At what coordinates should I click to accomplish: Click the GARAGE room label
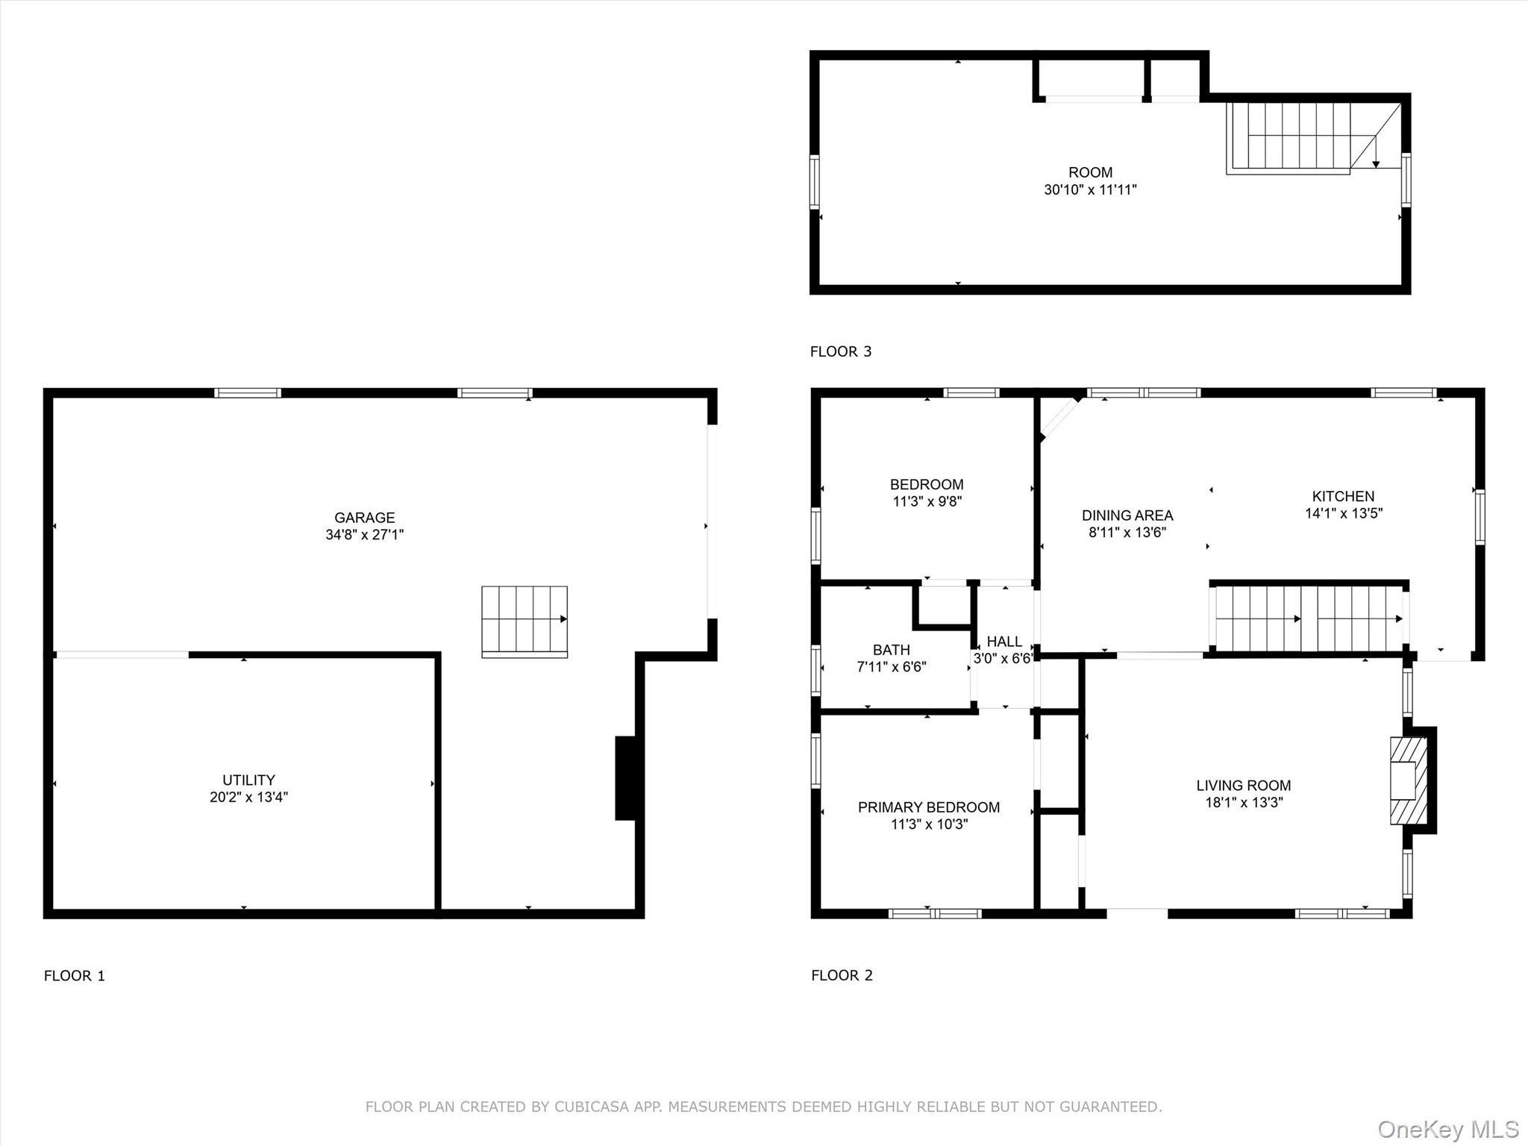(364, 517)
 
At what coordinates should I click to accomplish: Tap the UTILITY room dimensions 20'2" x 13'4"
(248, 798)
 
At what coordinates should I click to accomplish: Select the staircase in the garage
(524, 620)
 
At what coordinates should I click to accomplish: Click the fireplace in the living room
(1407, 780)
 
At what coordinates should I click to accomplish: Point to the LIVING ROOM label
(1243, 785)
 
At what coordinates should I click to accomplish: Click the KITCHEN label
(1343, 496)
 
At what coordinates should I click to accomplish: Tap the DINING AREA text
(1127, 515)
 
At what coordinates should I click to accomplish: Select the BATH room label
(891, 650)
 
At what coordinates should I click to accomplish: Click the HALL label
(1003, 642)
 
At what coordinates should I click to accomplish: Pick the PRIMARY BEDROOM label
(928, 807)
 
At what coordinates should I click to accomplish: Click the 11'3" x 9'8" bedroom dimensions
(927, 502)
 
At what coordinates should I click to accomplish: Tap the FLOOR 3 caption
(840, 351)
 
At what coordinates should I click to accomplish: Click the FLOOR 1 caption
(75, 976)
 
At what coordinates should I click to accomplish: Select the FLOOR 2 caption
(842, 975)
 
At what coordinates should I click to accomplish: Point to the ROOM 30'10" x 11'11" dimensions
(1089, 190)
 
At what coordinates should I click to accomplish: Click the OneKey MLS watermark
(1447, 1129)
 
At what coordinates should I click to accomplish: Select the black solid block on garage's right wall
(625, 777)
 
